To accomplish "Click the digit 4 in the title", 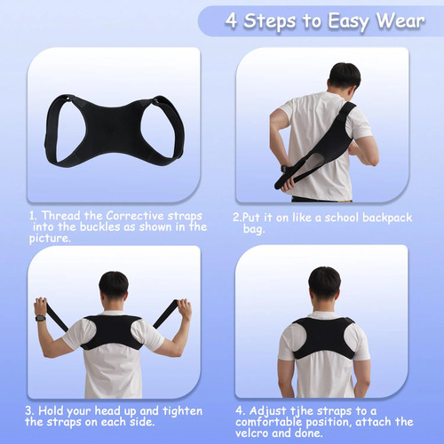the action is point(232,20).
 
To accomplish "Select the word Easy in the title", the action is point(349,22).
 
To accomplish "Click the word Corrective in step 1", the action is point(135,216).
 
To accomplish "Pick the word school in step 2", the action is point(342,218).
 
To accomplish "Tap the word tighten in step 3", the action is point(183,411).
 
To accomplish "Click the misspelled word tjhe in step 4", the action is point(302,411).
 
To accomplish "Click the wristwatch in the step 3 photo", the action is point(40,319).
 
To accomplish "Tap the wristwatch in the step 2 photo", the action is point(283,169).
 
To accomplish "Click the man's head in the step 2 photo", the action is point(345,77).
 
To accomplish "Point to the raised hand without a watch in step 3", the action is point(185,309).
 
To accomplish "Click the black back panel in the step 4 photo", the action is point(324,336).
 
